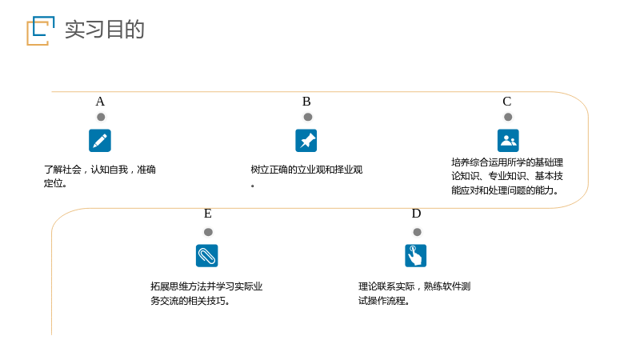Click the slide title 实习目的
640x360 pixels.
[105, 30]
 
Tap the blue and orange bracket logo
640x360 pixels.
[41, 30]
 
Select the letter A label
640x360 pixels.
[100, 102]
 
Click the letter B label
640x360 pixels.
[306, 102]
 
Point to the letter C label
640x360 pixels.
[507, 102]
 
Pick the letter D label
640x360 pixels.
[416, 214]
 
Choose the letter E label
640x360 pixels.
[208, 214]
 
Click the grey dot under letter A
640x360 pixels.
[101, 117]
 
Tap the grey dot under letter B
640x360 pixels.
[308, 117]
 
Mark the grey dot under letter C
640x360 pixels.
[508, 117]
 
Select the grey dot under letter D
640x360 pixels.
[417, 232]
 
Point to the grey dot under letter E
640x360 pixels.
[208, 232]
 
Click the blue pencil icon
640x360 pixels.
[100, 141]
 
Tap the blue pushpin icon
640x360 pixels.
[306, 141]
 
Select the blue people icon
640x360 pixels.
[508, 141]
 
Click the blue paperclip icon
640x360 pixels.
[207, 255]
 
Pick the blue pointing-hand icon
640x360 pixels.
[415, 255]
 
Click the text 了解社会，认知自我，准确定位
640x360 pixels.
[99, 176]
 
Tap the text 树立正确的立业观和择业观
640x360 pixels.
[306, 176]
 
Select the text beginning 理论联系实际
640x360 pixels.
[414, 294]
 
